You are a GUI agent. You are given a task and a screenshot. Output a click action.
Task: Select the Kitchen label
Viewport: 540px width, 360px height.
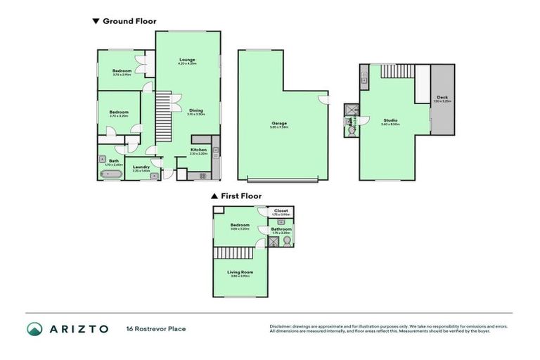pos(199,150)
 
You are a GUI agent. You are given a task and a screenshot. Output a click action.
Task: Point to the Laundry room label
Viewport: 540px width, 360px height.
pos(141,168)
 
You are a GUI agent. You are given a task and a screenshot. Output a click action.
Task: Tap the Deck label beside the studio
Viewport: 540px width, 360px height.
pos(442,98)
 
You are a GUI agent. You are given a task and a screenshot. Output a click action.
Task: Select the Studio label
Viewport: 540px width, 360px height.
pos(390,121)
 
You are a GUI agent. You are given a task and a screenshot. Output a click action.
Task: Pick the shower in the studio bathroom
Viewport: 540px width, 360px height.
pos(352,109)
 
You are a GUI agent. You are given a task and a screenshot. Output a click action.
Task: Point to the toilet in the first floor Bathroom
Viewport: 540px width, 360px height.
pos(287,243)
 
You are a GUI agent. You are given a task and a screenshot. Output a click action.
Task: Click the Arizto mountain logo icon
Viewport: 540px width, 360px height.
pos(35,329)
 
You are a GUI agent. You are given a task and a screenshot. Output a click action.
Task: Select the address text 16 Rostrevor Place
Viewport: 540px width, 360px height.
pos(156,329)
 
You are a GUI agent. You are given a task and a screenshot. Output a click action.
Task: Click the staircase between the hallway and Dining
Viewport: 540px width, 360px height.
pos(163,113)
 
